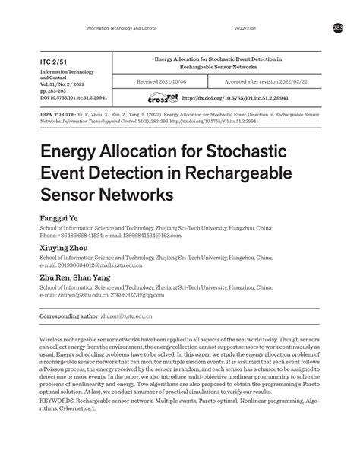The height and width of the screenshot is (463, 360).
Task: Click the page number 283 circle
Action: pyautogui.click(x=338, y=28)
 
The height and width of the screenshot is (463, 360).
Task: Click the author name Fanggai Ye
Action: pyautogui.click(x=59, y=217)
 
